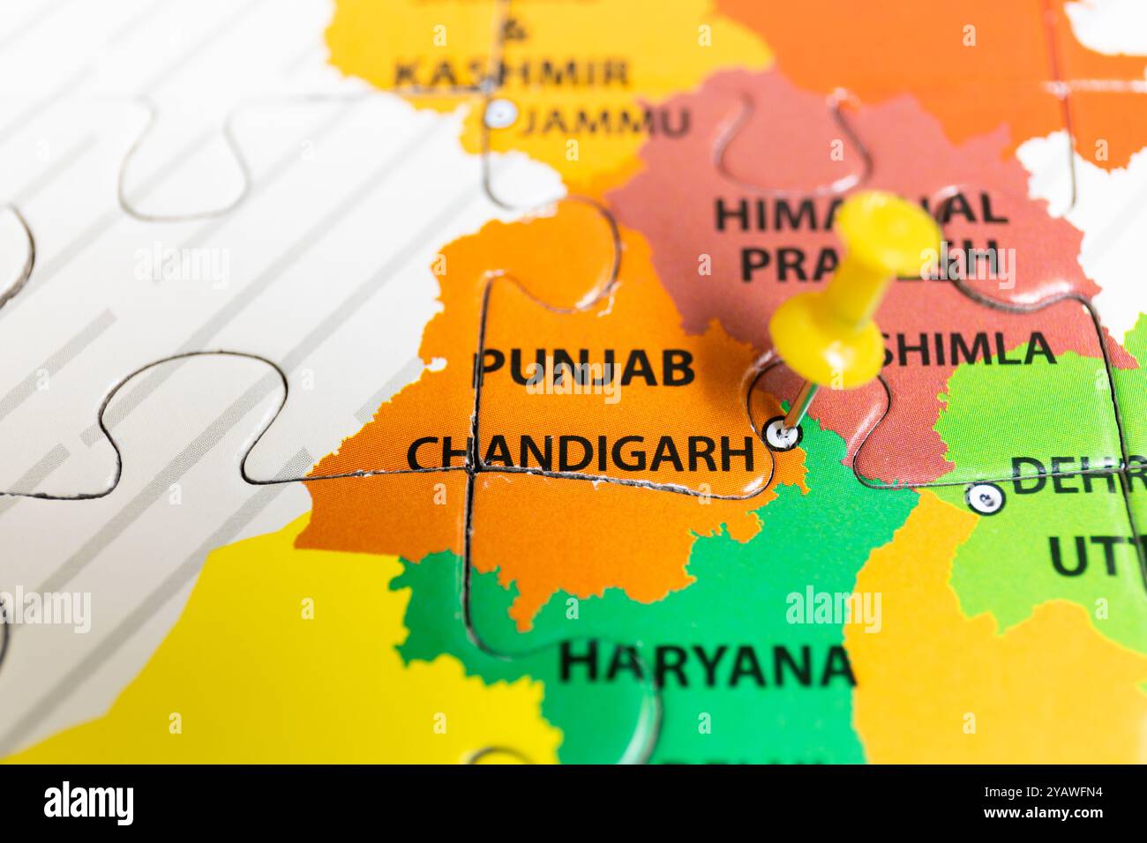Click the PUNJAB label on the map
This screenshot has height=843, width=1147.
585,368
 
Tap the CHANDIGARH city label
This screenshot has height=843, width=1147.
581,453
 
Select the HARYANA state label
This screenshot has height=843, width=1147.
707,663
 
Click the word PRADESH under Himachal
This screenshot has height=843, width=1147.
869,260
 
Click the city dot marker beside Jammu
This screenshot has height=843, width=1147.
500,113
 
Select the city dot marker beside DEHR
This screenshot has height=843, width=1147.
984,498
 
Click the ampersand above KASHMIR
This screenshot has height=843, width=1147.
512,31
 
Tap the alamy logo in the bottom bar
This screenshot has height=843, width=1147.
89,803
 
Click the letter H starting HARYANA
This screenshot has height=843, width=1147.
578,663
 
